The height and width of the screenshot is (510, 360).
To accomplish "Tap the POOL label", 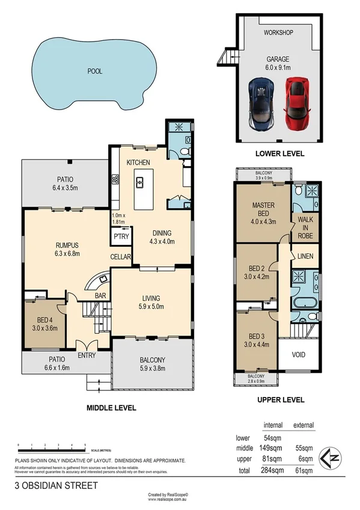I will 94,71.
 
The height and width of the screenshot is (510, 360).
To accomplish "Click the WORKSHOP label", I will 279,32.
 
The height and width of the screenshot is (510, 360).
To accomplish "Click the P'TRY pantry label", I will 119,236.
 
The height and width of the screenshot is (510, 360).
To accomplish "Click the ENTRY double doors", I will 88,348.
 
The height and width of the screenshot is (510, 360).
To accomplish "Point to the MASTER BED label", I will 263,205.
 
